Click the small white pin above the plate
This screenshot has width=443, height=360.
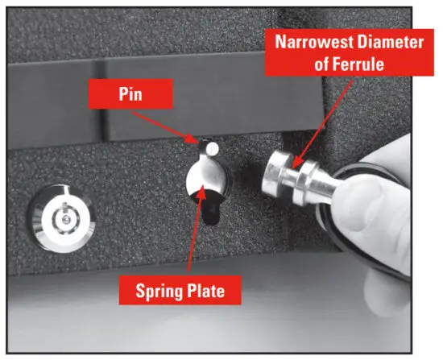point(210,149)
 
